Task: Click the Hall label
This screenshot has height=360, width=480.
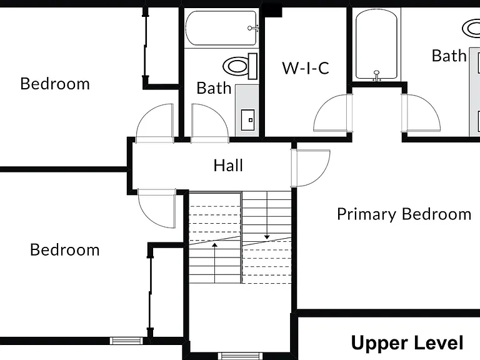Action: click(x=228, y=166)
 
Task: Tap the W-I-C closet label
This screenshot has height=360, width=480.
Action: click(x=306, y=68)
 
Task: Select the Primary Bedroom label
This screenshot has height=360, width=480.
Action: click(x=404, y=214)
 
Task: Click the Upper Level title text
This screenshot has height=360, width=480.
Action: click(x=407, y=342)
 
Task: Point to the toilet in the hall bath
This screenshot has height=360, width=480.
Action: click(x=240, y=66)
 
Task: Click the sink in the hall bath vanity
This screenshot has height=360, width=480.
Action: click(x=247, y=120)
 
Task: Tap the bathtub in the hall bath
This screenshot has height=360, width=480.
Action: click(x=221, y=28)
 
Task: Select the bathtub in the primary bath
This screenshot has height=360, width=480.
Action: click(x=376, y=45)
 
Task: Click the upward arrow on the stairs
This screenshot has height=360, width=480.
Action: click(x=215, y=263)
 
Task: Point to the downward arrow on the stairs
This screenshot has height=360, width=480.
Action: click(x=267, y=215)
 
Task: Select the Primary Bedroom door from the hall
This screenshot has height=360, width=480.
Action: click(x=311, y=167)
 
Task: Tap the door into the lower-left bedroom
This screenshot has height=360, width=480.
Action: click(x=157, y=208)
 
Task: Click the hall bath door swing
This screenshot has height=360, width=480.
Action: click(x=210, y=123)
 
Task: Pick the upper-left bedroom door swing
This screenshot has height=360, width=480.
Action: click(x=154, y=123)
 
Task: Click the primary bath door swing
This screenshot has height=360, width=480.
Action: click(x=421, y=112)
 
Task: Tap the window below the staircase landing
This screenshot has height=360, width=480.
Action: click(x=240, y=356)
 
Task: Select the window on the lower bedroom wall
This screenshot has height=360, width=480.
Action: click(x=126, y=341)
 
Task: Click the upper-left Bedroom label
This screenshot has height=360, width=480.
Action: click(x=55, y=84)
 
